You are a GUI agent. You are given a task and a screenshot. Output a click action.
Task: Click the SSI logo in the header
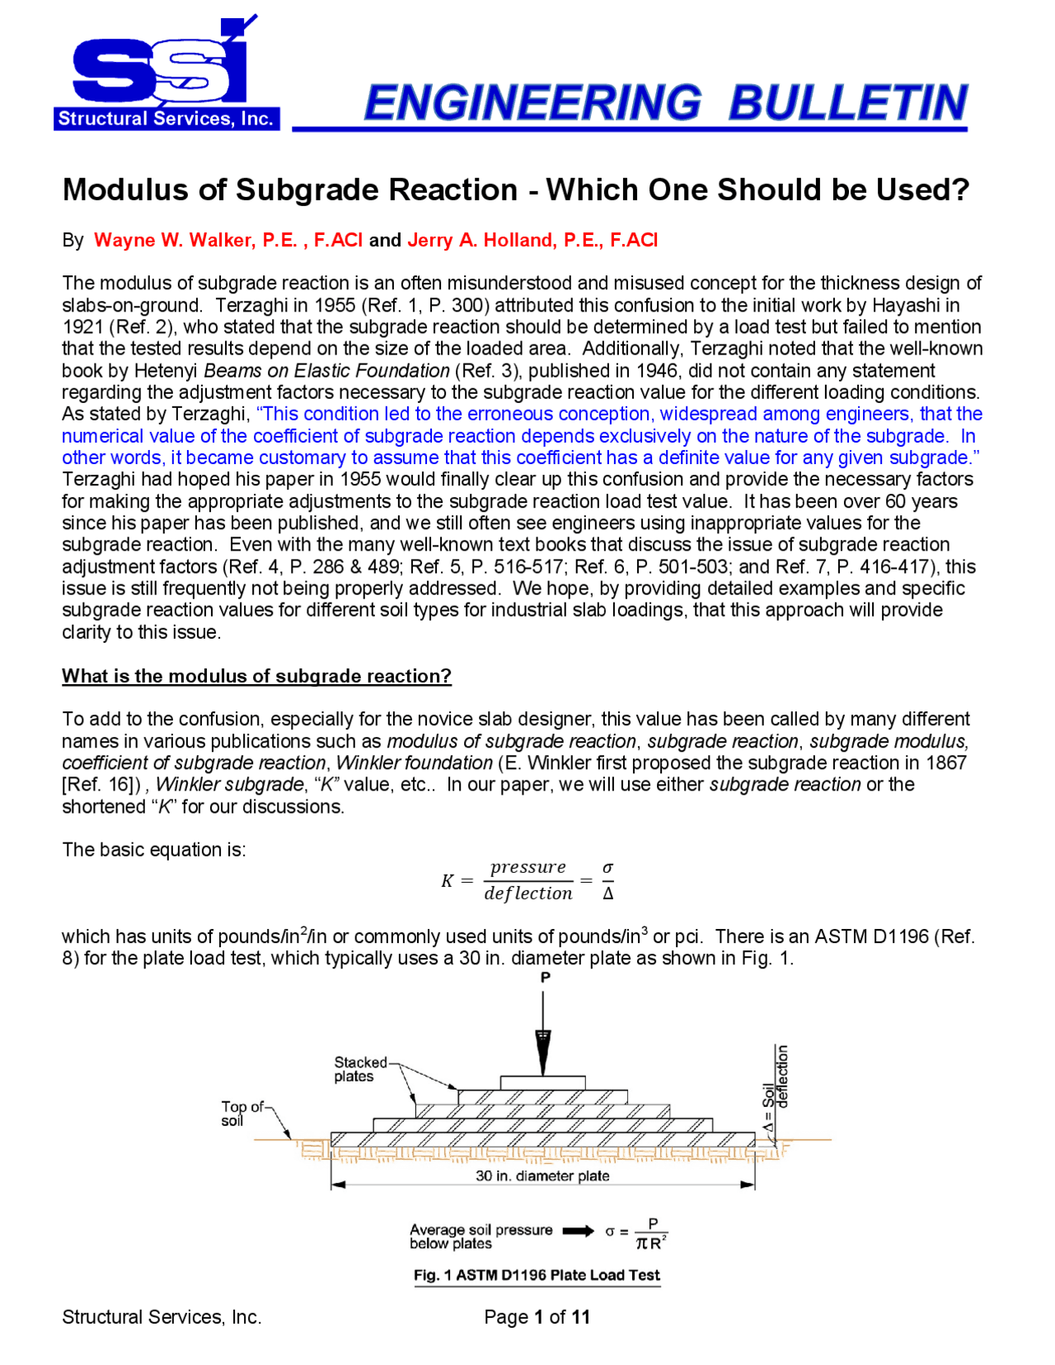165,74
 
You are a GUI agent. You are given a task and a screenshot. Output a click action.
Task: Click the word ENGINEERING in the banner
532,103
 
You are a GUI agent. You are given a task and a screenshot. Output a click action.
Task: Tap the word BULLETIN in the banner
847,103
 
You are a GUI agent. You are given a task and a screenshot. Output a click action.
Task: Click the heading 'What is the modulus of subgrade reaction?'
256,676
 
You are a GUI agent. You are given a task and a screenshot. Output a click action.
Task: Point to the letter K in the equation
447,880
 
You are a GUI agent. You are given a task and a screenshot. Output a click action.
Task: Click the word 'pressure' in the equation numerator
527,867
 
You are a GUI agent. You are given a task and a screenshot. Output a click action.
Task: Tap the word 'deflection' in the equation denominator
527,894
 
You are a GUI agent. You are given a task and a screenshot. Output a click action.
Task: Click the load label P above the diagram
545,978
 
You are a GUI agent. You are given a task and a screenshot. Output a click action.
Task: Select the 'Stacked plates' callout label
359,1069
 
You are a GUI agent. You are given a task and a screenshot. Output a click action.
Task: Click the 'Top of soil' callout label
241,1114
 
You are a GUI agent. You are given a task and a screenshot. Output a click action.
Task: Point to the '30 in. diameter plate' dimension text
542,1176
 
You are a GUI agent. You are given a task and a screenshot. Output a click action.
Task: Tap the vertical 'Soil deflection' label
776,1088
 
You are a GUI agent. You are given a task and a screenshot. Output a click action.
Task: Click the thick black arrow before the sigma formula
578,1231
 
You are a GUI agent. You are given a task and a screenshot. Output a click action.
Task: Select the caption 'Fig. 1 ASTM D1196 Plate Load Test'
537,1275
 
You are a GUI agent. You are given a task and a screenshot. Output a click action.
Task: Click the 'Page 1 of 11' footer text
537,1317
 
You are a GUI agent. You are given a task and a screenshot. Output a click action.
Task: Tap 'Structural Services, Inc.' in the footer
162,1317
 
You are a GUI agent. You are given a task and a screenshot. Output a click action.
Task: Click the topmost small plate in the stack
542,1082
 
